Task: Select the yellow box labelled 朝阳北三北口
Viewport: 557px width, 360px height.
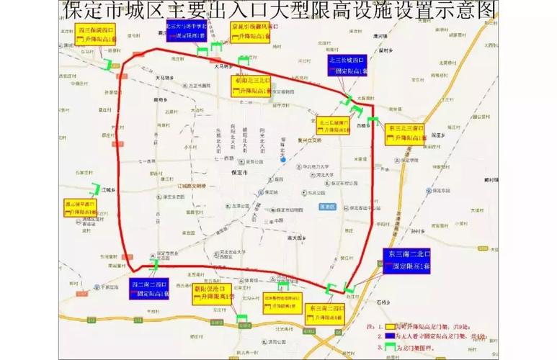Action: [252, 86]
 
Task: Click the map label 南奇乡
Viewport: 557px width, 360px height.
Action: [169, 101]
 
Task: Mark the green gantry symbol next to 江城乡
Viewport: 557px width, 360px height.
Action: [94, 189]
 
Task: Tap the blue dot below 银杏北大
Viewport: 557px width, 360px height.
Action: [285, 160]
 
